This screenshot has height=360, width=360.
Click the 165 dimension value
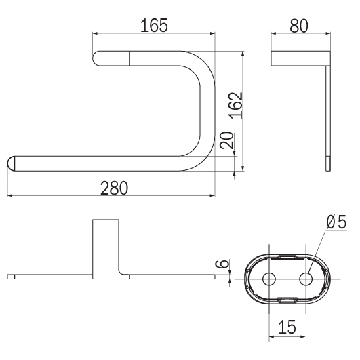pos(154,25)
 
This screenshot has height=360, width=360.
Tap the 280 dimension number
pos(114,188)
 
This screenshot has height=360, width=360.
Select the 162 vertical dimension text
pos(237,105)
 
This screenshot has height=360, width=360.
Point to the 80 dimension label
pos(299,26)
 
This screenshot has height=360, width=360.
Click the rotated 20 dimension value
pos(226,140)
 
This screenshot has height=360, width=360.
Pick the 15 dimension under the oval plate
pos(287,327)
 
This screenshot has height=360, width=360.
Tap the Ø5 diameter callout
pos(336,222)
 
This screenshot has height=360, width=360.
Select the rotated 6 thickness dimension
pos(222,264)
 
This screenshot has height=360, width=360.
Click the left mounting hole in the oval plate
pos(269,279)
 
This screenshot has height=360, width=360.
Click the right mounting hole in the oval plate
pos(306,279)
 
